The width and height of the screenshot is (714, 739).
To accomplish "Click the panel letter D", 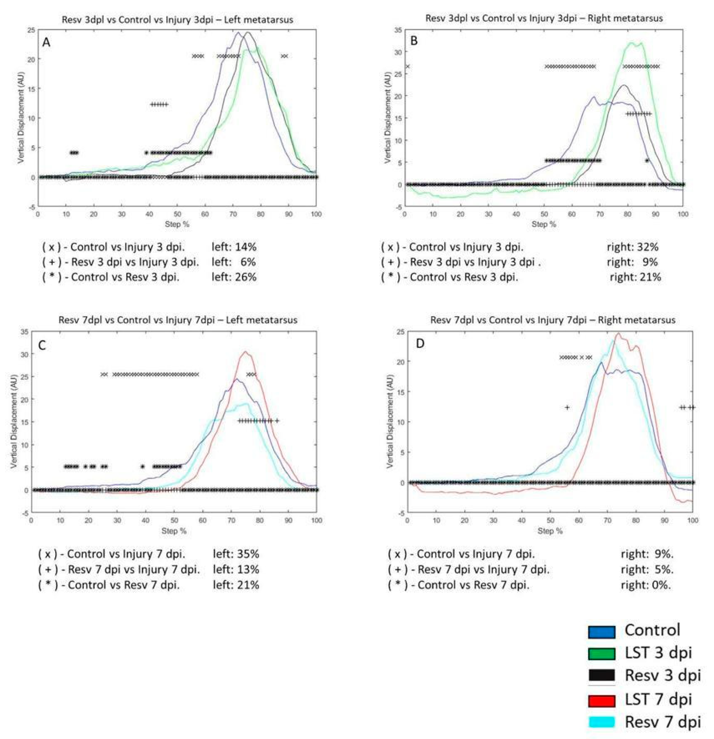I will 420,344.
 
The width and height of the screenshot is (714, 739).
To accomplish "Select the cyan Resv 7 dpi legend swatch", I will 601,722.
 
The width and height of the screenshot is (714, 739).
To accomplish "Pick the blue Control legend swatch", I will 601,631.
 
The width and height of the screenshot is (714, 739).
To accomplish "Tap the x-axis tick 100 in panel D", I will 692,520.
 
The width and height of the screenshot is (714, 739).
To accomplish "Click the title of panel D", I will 553,320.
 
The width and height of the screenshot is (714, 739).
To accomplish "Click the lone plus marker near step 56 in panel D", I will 567,407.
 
